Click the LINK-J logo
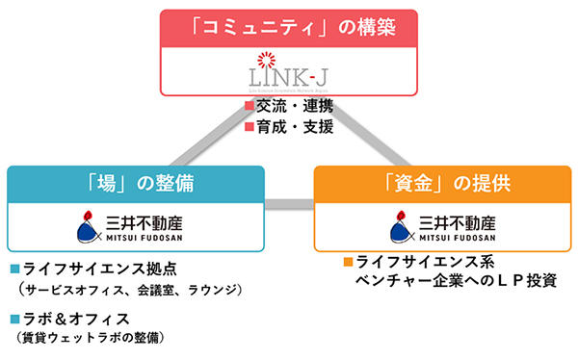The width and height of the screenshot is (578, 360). (x=289, y=71)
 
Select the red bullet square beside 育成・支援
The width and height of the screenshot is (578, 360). (x=250, y=126)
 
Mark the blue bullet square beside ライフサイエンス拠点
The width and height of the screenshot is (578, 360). (x=14, y=268)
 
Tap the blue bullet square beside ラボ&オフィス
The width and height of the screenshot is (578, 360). (x=14, y=318)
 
